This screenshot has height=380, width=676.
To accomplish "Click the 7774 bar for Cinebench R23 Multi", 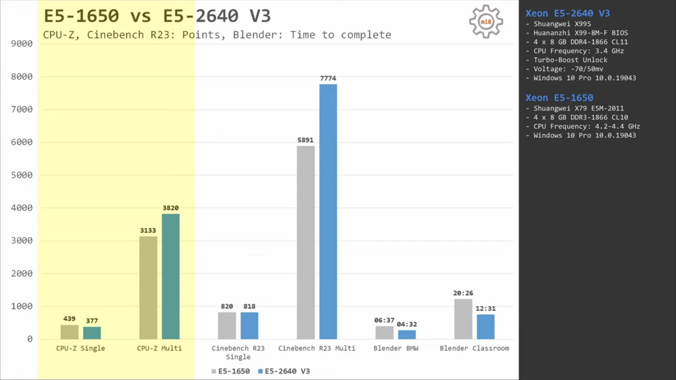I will coord(328,211).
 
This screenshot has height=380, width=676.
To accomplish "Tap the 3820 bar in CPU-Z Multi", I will coord(171,276).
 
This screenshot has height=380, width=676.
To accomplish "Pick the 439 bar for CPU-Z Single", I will coord(69,332).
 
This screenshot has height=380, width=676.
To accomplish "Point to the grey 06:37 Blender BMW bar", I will coord(384,332).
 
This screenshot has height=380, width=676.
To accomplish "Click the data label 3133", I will coord(148,230).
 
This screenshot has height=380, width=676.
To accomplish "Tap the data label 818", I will coord(249,306).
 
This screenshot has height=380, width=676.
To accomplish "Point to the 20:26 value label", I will coord(463,293).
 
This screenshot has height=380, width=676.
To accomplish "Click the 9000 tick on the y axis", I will coord(22,44).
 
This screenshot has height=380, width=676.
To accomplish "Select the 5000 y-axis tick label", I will coord(22,175).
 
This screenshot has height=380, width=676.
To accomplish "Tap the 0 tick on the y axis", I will coord(30,339).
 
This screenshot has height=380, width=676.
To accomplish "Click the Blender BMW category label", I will coord(396,348).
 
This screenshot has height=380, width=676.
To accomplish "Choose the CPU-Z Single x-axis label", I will coord(81,348).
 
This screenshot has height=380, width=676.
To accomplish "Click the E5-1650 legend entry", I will coord(231,371).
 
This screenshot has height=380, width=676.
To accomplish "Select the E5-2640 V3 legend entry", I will coord(284,371).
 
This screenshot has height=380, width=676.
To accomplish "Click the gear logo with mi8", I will coord(486,22).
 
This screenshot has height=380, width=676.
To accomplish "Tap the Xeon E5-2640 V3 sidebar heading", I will coord(568,13).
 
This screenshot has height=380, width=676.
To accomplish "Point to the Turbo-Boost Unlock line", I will coord(570,60).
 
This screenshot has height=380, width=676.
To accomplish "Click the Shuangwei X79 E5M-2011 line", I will coord(578,108).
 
